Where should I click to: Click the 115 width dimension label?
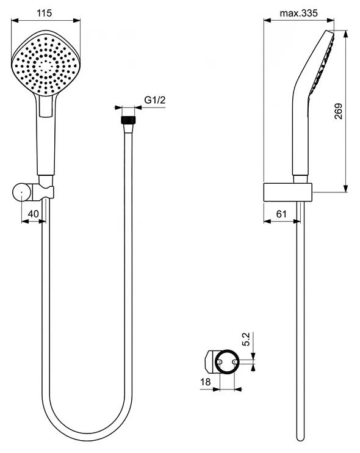pos(44,13)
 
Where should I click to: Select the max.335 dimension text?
pos(298,13)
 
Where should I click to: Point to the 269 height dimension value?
pos(339,111)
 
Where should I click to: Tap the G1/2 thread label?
pos(155,100)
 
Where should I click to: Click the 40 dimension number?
pos(33,214)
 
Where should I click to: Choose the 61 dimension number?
pos(281,214)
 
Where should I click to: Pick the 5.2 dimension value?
pos(246,339)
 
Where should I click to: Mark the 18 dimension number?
pos(205,382)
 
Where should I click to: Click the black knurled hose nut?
pos(128,120)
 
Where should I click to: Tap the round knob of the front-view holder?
pos(22,192)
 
